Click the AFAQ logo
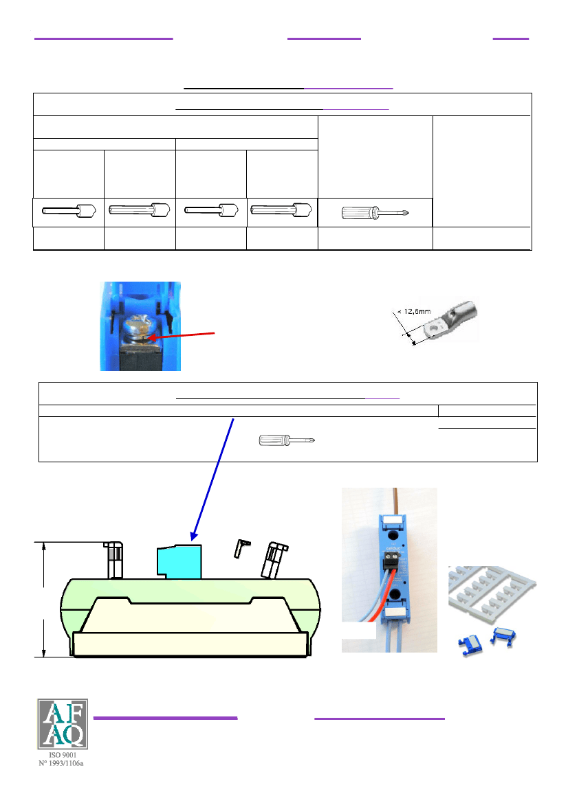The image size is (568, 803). click(x=63, y=724)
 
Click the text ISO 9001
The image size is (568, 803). click(x=63, y=755)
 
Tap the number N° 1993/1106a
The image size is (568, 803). click(x=61, y=763)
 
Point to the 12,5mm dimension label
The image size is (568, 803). click(x=415, y=311)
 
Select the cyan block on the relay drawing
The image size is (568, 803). click(x=179, y=562)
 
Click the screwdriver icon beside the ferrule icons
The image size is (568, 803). click(x=375, y=212)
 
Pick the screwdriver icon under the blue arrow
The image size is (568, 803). click(x=287, y=440)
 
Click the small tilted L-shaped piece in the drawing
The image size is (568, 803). click(x=241, y=548)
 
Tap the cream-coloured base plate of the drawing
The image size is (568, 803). click(x=190, y=644)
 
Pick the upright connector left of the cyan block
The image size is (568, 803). click(x=114, y=560)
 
